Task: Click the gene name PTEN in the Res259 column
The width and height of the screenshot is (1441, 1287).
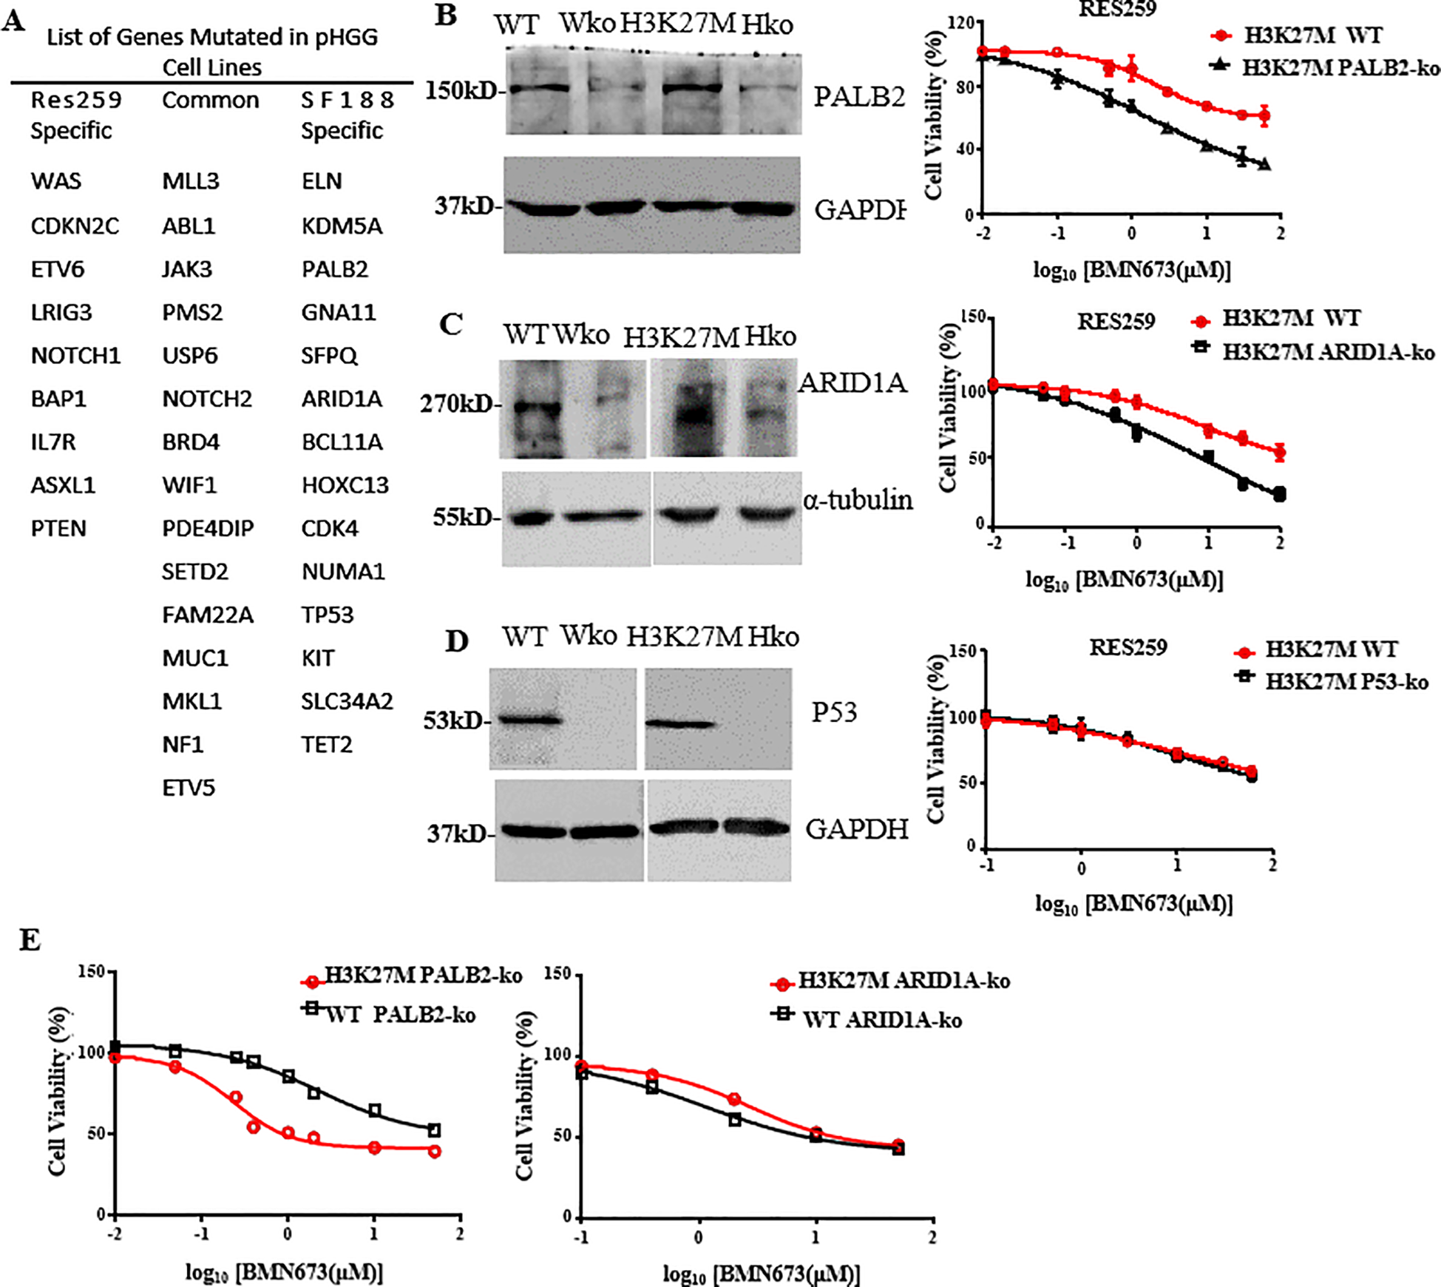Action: pyautogui.click(x=58, y=529)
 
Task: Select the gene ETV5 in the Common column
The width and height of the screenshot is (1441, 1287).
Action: pyautogui.click(x=189, y=788)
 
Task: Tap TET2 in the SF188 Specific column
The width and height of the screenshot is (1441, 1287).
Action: pyautogui.click(x=327, y=745)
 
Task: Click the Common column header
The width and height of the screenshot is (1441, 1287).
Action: pyautogui.click(x=211, y=101)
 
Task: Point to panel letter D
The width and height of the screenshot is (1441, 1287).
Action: pyautogui.click(x=456, y=641)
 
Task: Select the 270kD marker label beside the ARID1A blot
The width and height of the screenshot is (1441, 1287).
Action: pyautogui.click(x=455, y=404)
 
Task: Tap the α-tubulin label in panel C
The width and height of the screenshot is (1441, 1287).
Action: pyautogui.click(x=858, y=501)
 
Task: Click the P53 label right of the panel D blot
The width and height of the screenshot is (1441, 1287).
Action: pyautogui.click(x=834, y=712)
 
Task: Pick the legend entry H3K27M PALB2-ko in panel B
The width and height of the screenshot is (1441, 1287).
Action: pyautogui.click(x=1340, y=68)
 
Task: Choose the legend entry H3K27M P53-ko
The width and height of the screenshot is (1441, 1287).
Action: pyautogui.click(x=1346, y=681)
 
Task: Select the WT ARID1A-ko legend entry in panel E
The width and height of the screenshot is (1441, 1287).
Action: pyautogui.click(x=882, y=1021)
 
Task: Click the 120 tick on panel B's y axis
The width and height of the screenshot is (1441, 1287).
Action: pyautogui.click(x=964, y=23)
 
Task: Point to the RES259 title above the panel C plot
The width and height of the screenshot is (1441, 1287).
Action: pyautogui.click(x=1116, y=322)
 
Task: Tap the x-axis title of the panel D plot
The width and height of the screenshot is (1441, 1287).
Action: pyautogui.click(x=1133, y=903)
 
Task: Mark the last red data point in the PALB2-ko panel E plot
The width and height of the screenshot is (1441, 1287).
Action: pyautogui.click(x=435, y=1152)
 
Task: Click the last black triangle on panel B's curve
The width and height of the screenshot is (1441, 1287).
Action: pyautogui.click(x=1265, y=164)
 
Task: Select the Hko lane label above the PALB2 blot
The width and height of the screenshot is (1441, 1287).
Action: pyautogui.click(x=767, y=25)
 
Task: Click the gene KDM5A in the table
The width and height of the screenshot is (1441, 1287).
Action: pyautogui.click(x=342, y=226)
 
